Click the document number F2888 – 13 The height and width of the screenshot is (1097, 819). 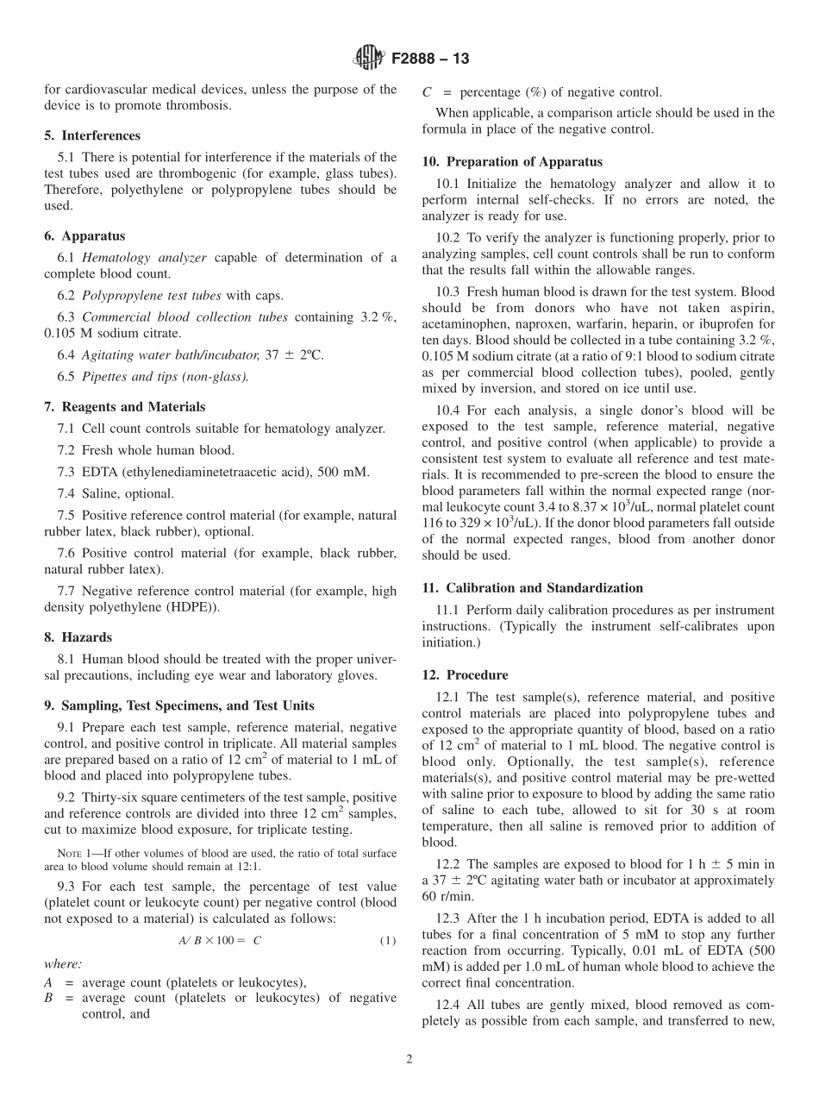pyautogui.click(x=430, y=60)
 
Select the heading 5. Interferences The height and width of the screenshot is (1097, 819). pyautogui.click(x=92, y=135)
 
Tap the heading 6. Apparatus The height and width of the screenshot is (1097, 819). pyautogui.click(x=84, y=235)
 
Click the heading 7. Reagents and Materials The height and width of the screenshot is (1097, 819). pyautogui.click(x=125, y=406)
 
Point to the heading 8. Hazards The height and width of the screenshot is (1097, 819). pyautogui.click(x=78, y=637)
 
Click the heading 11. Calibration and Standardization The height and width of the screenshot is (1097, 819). pyautogui.click(x=532, y=587)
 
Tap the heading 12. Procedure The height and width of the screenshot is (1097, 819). pyautogui.click(x=465, y=674)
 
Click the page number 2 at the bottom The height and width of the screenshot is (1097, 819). pyautogui.click(x=409, y=1059)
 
